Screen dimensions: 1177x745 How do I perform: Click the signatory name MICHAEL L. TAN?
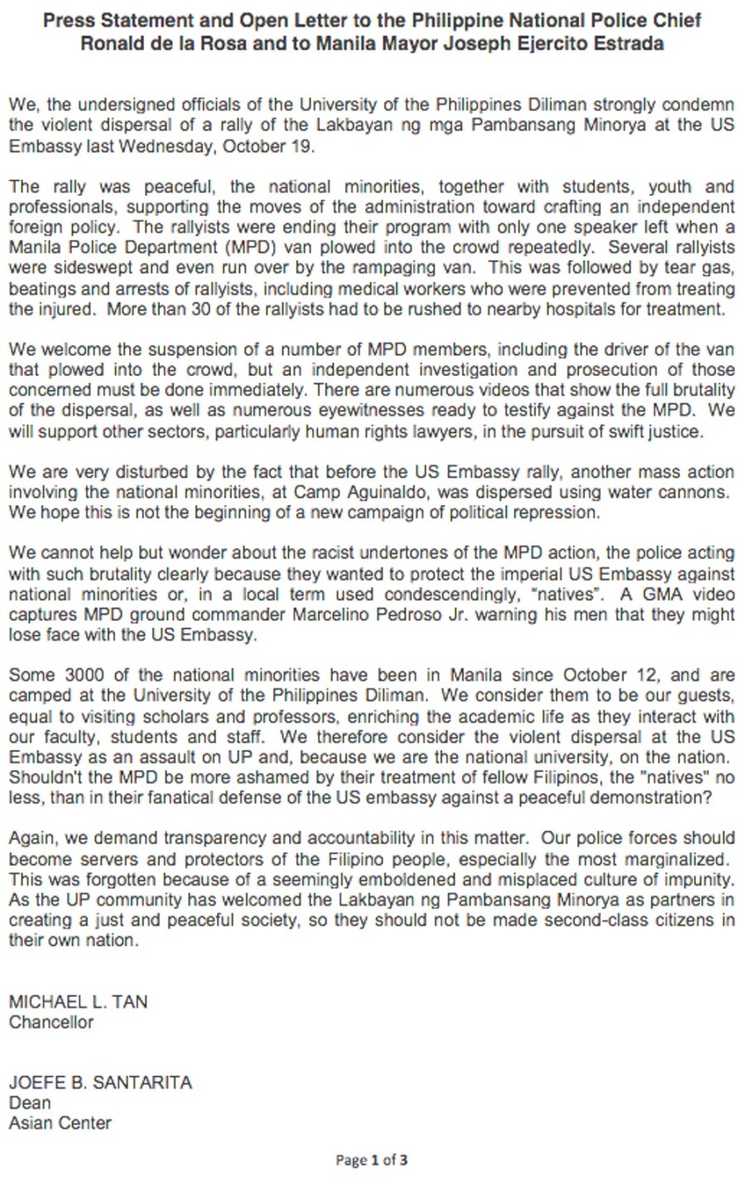click(79, 1002)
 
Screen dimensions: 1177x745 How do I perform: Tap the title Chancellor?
click(51, 1022)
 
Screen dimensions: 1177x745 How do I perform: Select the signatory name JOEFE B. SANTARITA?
click(100, 1083)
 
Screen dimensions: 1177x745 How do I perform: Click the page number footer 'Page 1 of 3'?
click(372, 1160)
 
